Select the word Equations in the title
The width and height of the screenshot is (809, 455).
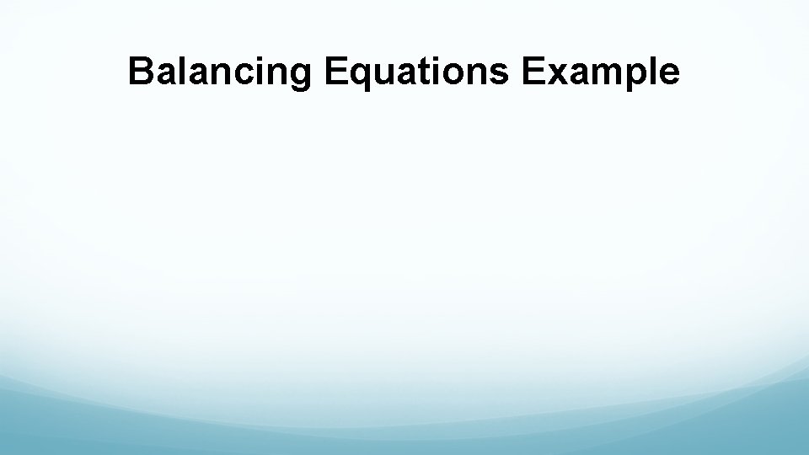416,72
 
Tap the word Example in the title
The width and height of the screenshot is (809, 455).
600,72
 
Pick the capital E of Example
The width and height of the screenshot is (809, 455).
533,72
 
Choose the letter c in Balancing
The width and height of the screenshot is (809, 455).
236,75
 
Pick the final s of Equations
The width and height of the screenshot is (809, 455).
500,75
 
